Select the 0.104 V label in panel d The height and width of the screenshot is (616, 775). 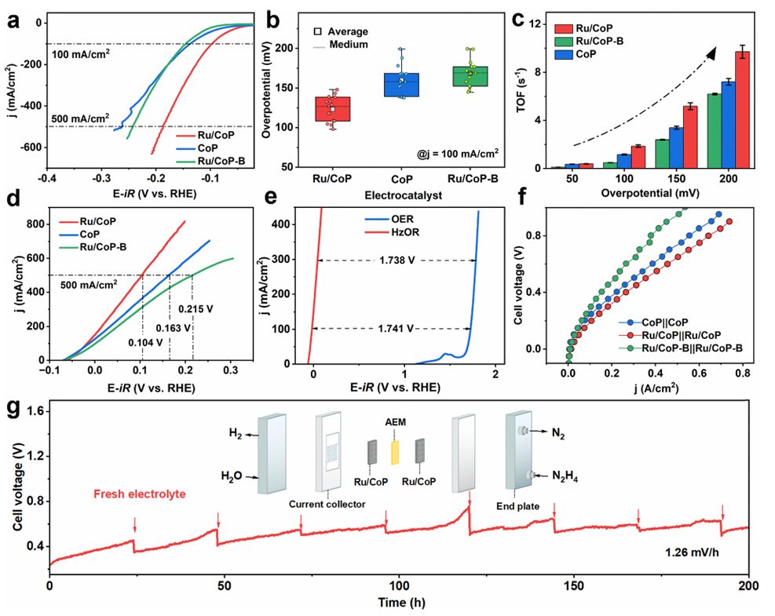point(148,341)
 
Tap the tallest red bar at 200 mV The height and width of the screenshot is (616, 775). point(741,110)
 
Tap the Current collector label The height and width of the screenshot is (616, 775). point(327,505)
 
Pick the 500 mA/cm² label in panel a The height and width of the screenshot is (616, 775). point(82,120)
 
